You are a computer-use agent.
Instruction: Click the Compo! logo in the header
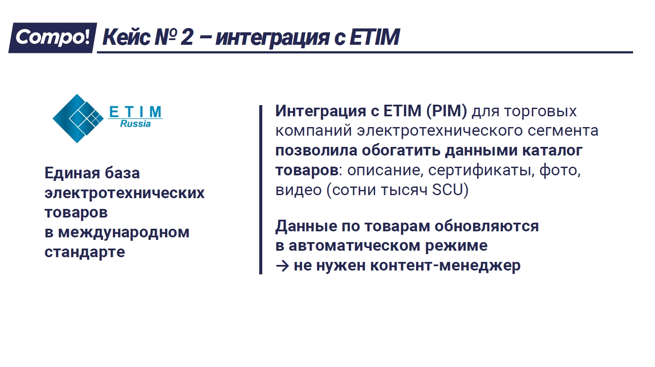coord(53,38)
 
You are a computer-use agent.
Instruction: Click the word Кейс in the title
coord(126,37)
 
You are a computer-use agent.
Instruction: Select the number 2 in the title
coord(187,37)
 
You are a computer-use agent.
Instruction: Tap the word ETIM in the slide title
coord(374,37)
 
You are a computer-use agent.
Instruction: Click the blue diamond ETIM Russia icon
coord(78,118)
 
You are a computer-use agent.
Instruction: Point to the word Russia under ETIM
coord(135,124)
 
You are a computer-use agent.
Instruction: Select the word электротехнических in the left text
coord(124,193)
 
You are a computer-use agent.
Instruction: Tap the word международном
coord(124,233)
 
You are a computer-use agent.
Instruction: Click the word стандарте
coord(85,252)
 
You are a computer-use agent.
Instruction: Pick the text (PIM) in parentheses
coord(447,111)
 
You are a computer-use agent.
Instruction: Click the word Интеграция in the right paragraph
coord(320,112)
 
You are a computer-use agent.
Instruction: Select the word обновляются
coord(487,226)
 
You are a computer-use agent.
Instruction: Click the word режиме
coord(456,246)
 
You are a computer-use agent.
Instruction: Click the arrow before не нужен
coord(282,266)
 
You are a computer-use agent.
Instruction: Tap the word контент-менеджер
coord(445,266)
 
